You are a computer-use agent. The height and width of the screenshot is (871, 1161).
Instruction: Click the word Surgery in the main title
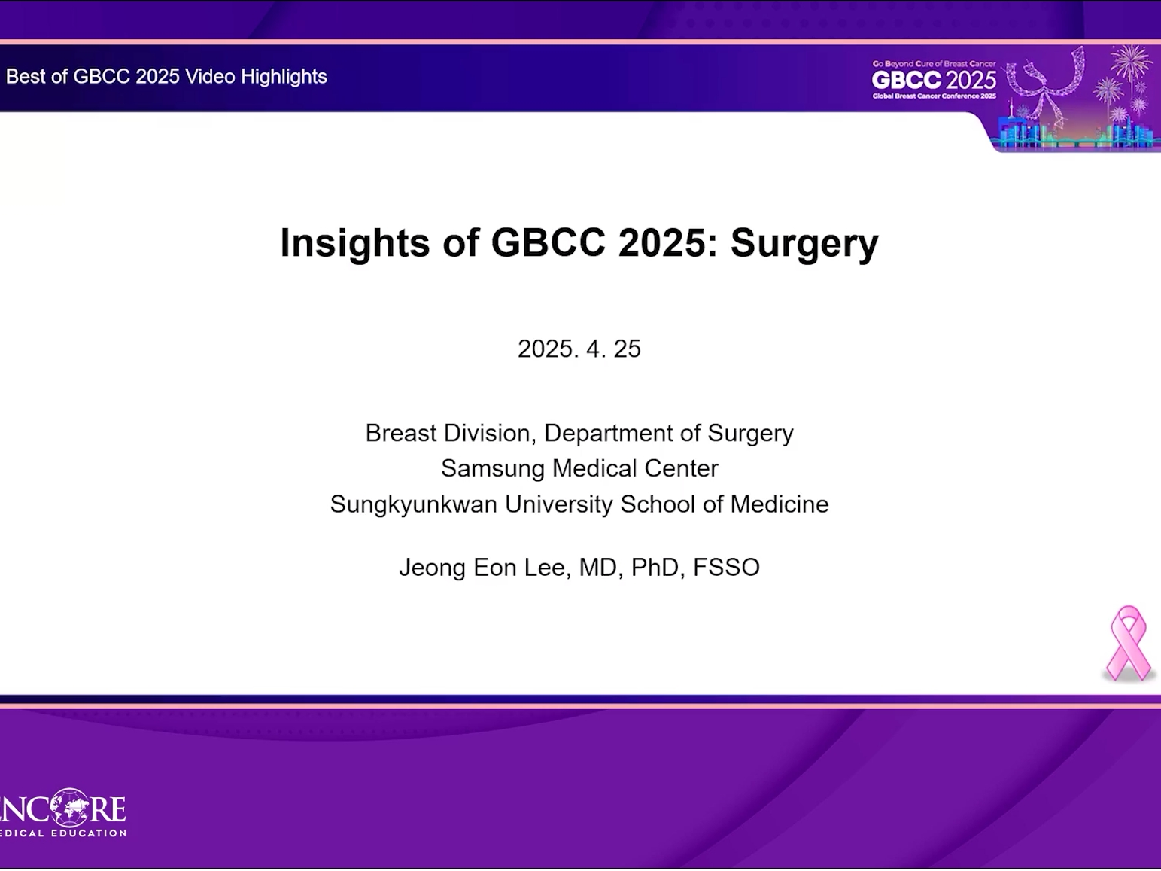(x=804, y=243)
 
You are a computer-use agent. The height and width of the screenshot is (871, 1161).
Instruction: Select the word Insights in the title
(x=354, y=243)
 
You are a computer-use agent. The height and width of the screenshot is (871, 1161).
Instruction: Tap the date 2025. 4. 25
(x=579, y=349)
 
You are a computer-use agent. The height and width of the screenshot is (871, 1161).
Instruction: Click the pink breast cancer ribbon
(x=1128, y=644)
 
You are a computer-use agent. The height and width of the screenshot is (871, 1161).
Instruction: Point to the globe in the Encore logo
(x=68, y=808)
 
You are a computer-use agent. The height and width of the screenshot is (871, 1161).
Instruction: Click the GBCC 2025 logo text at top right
(x=934, y=80)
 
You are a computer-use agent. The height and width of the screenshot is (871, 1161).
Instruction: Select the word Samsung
(x=492, y=469)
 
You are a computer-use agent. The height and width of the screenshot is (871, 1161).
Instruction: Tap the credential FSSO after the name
(x=726, y=568)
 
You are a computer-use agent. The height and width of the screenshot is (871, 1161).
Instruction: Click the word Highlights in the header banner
(x=284, y=77)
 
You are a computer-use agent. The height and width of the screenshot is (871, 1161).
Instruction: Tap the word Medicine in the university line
(x=779, y=504)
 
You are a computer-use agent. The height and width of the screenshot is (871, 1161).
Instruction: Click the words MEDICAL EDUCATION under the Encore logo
(x=62, y=833)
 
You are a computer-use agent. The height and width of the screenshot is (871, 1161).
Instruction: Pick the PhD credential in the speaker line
(x=655, y=568)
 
